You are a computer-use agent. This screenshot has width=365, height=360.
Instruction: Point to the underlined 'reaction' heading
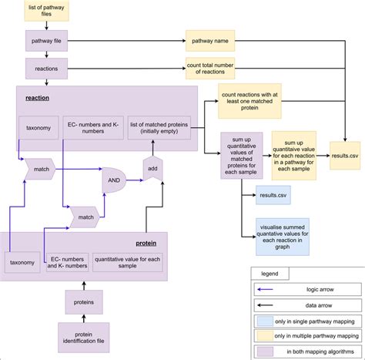pos(37,99)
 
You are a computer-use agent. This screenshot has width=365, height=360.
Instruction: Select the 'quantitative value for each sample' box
pos(128,262)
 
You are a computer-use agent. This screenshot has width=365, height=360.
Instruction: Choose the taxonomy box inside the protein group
pos(22,262)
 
